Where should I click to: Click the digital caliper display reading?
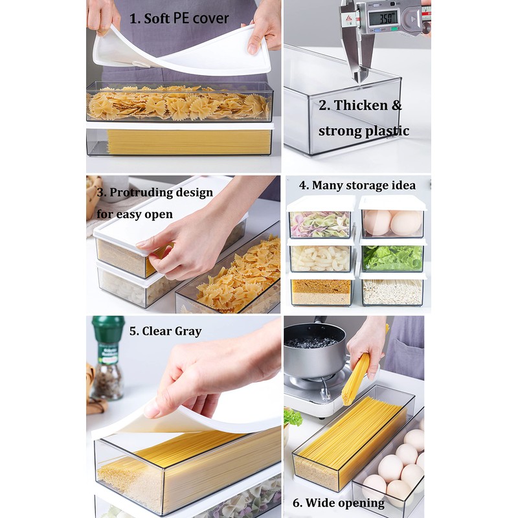387,17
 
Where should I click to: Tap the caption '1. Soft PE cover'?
179,18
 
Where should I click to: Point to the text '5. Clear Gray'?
165,331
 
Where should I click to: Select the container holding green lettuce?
392,256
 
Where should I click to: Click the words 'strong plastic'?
363,131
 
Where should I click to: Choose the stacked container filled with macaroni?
320,257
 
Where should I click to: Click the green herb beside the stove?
293,418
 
